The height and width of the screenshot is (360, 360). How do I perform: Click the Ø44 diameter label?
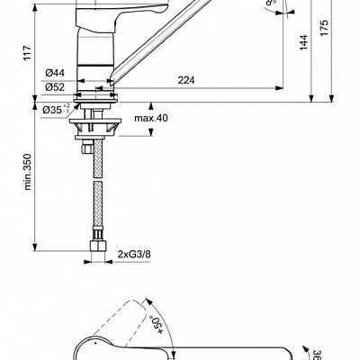[x=53, y=72]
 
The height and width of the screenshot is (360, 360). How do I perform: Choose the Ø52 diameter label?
[x=53, y=86]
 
